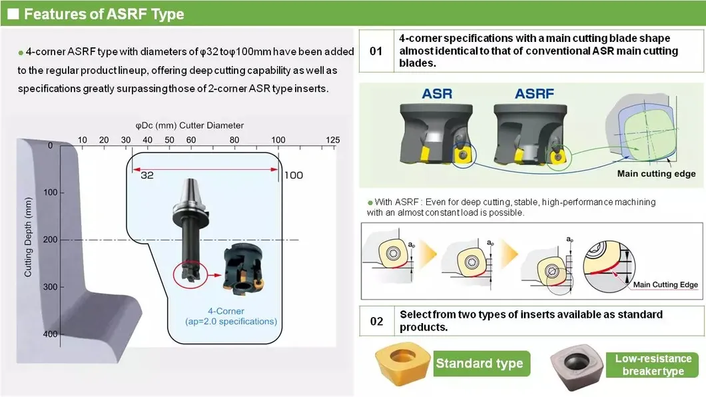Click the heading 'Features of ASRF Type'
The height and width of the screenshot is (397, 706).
click(104, 14)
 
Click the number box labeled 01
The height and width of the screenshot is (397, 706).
click(376, 51)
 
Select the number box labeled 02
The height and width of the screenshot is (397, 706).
click(376, 321)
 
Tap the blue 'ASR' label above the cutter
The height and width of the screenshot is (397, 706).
click(436, 93)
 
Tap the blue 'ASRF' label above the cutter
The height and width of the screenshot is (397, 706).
click(533, 93)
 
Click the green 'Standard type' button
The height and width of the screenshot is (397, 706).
click(480, 364)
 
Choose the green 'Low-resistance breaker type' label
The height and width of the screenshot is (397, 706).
click(653, 364)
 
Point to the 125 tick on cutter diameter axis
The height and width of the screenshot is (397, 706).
click(332, 140)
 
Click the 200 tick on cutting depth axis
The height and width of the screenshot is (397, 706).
click(51, 240)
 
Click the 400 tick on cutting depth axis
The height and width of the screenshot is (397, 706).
click(51, 334)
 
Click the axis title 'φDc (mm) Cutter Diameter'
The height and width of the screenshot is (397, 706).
click(189, 125)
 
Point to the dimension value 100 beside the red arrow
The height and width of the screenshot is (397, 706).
click(293, 175)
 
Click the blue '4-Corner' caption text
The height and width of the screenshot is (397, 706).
click(225, 311)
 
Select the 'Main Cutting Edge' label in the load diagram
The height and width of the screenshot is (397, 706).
click(665, 284)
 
